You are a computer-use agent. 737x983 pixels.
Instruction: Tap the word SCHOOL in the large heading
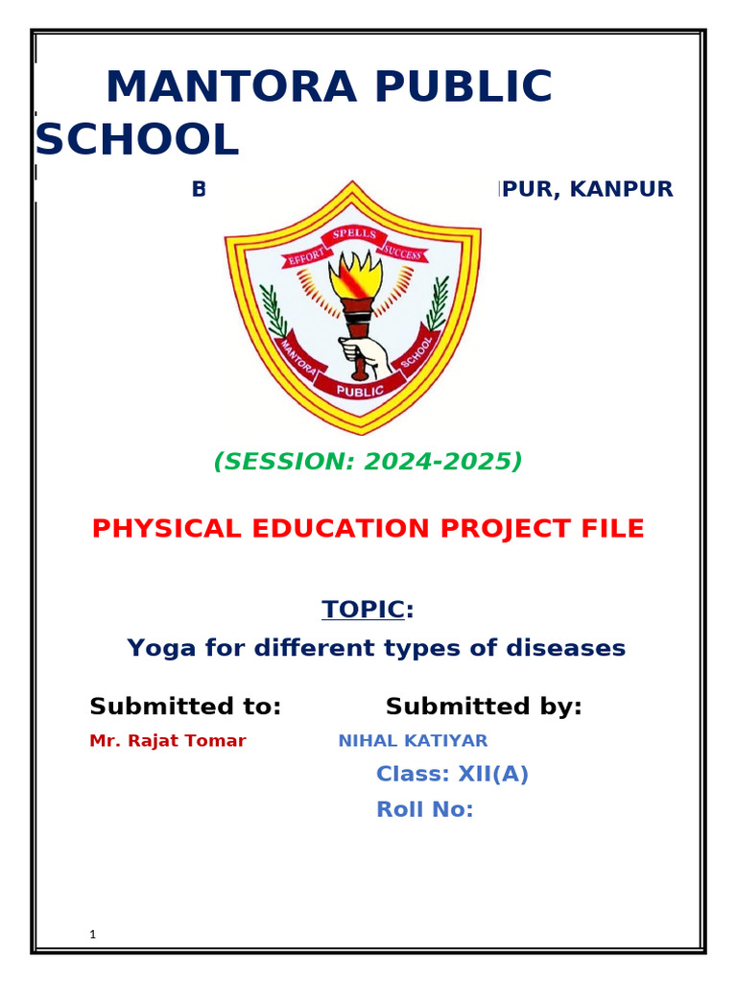(x=136, y=141)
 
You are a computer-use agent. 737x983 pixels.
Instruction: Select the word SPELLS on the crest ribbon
(x=354, y=235)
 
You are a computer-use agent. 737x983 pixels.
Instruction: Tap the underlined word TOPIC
(x=363, y=610)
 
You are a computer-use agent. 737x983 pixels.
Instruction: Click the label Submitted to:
(x=185, y=707)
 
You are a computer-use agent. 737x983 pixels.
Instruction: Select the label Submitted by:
(x=484, y=707)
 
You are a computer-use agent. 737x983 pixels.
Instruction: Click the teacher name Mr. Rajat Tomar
(x=167, y=741)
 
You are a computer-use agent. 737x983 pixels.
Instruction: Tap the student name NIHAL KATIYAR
(x=413, y=741)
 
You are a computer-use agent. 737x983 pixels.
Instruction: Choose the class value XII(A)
(x=491, y=775)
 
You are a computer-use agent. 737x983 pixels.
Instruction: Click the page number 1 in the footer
(x=92, y=934)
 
